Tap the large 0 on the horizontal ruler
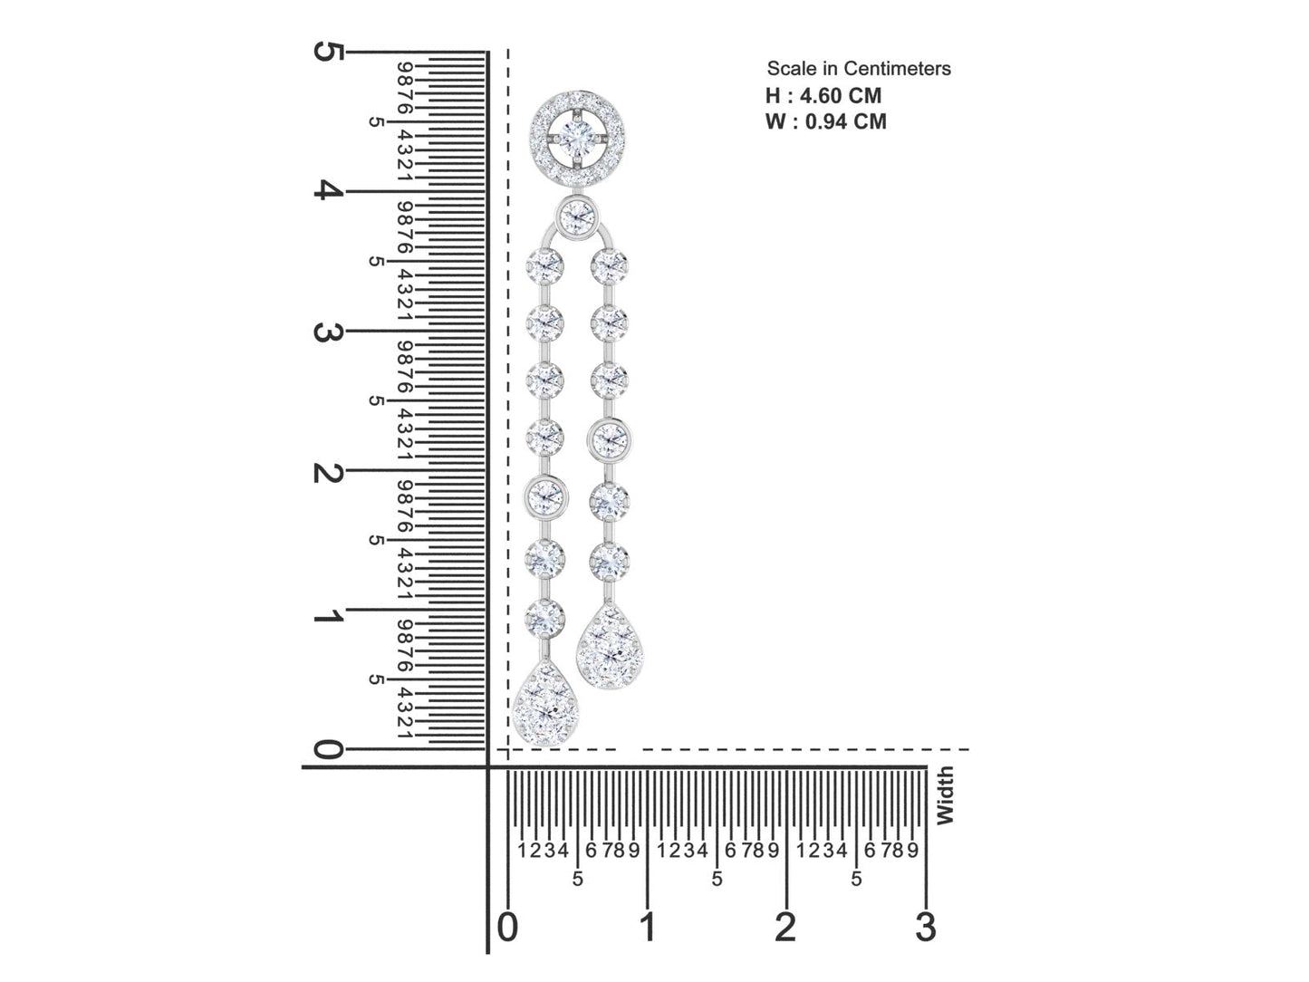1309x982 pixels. point(507,928)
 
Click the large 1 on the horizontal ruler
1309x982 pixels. point(648,928)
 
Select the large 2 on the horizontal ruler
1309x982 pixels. point(786,928)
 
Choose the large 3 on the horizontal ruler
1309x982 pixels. point(926,928)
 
